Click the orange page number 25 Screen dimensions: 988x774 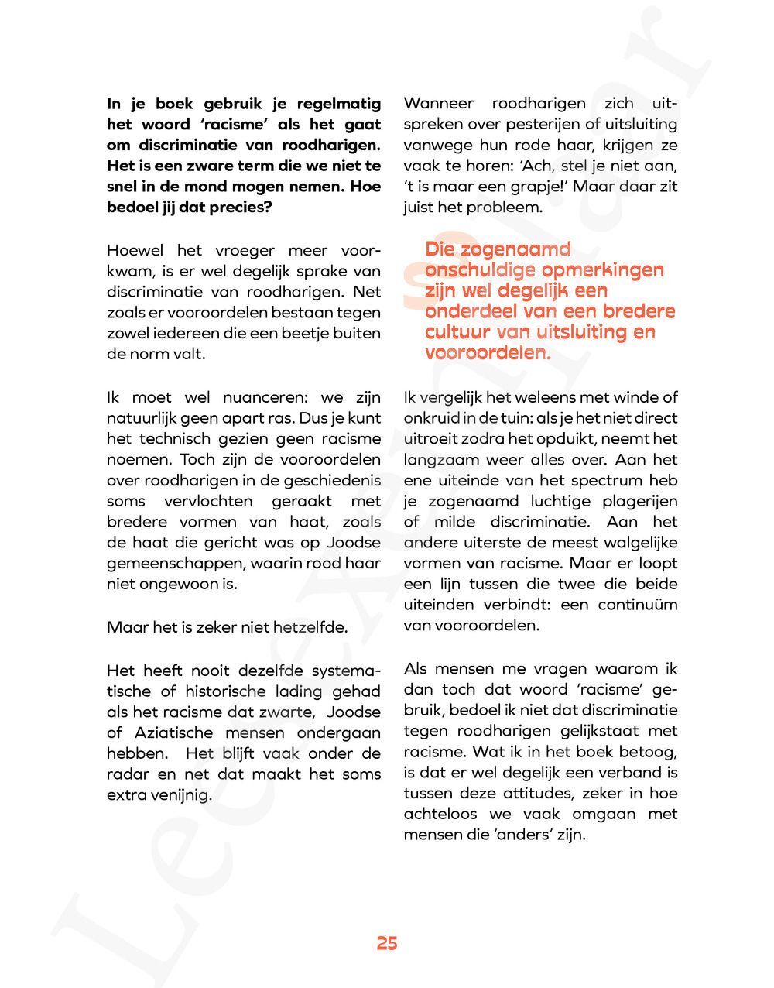387,943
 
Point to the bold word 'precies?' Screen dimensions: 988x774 240,208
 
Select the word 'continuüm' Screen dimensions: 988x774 638,605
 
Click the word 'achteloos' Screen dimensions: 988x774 439,815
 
